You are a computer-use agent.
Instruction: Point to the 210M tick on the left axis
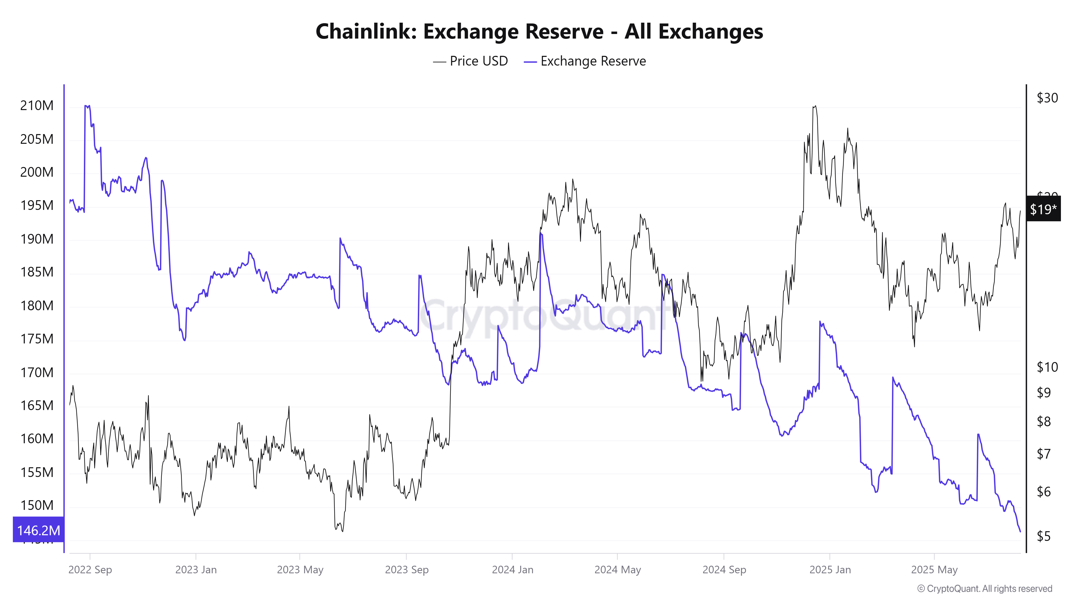click(37, 105)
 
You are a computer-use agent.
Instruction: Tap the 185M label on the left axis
click(37, 272)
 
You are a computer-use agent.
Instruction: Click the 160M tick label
click(37, 439)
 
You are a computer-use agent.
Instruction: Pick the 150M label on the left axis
click(37, 505)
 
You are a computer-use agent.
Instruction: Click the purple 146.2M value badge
click(38, 530)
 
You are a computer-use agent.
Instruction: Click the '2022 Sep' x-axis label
click(90, 570)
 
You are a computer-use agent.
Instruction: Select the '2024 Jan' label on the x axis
click(512, 570)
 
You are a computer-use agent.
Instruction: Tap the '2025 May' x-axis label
click(934, 570)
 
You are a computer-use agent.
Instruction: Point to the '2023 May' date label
click(300, 570)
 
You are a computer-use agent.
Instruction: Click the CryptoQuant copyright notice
click(984, 589)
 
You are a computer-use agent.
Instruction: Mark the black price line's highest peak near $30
click(815, 106)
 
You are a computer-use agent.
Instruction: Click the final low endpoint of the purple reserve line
click(1020, 531)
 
